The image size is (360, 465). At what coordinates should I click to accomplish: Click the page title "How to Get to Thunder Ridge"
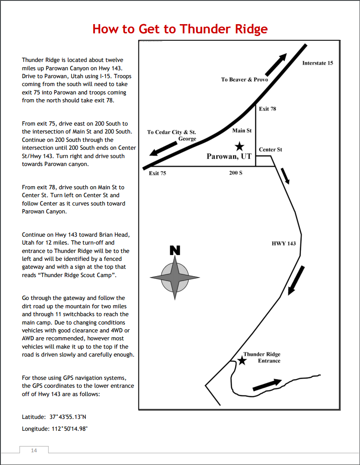click(180, 29)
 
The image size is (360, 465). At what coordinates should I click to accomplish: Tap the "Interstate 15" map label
click(317, 63)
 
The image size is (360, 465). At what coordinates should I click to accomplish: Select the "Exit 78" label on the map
click(267, 108)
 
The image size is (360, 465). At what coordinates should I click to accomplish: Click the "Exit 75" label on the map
click(157, 173)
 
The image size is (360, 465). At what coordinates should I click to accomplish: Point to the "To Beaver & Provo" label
click(244, 79)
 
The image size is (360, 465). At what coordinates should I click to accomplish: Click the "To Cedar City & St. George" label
click(172, 135)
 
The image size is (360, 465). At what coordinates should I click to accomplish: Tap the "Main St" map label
click(242, 130)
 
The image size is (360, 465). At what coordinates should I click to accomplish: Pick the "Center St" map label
click(270, 149)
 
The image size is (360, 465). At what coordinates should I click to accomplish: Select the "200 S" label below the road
click(236, 173)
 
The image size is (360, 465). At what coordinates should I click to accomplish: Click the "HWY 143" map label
click(284, 243)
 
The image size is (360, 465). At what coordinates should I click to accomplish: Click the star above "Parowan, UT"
click(239, 146)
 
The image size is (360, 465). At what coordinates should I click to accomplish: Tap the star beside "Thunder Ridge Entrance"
click(241, 360)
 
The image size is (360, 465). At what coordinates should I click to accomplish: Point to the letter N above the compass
click(175, 251)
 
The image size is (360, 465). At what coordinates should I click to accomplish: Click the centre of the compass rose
click(175, 277)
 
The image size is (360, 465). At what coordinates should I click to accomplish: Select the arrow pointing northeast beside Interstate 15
click(276, 65)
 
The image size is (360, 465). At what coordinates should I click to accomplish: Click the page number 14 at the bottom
click(34, 450)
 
